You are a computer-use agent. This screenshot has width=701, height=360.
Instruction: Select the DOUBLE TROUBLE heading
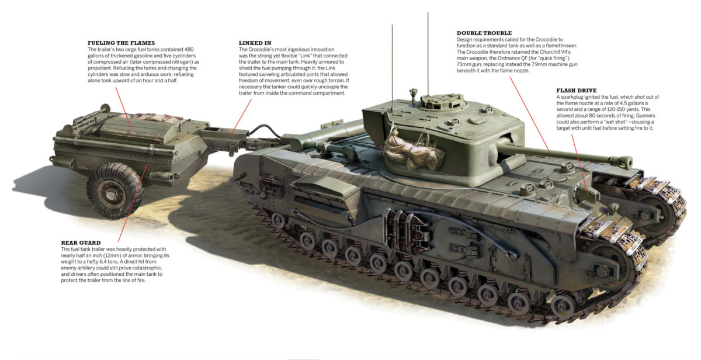484,33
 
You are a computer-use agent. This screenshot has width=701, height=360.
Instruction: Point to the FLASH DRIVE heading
576,91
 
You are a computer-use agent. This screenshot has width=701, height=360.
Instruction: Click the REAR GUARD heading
81,242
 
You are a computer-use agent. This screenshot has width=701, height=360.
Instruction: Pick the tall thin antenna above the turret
428,53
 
